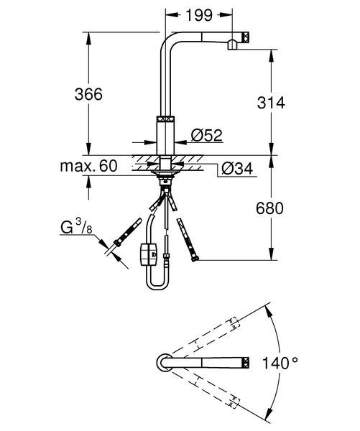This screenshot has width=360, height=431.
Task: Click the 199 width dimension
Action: (199, 15)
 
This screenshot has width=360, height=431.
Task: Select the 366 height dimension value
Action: (88, 94)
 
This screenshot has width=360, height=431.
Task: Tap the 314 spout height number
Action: (271, 103)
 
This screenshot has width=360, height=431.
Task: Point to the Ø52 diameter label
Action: (206, 135)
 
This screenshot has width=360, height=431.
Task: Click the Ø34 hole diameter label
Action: (237, 169)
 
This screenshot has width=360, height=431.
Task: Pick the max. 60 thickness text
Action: (88, 166)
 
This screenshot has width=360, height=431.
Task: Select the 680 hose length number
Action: (269, 208)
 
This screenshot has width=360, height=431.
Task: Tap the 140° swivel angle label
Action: (280, 363)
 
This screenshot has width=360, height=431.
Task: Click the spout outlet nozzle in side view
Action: (233, 45)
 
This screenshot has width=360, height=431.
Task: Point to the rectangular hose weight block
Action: (149, 254)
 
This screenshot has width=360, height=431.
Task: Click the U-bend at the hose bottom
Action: (157, 286)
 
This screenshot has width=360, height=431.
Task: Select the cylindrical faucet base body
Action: (165, 135)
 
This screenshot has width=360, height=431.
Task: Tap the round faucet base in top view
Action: (165, 362)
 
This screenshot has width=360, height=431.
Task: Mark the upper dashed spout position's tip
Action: (233, 323)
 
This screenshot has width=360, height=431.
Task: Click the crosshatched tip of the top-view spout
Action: (246, 362)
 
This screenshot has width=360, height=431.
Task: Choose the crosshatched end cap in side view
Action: (246, 37)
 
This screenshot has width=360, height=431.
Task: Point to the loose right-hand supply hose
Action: (188, 240)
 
